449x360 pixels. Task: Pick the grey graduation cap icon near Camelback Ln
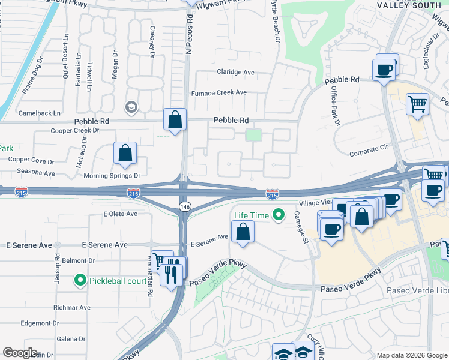[130, 107]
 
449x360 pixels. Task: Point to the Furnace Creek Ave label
[218, 92]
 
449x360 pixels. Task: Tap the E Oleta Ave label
[121, 214]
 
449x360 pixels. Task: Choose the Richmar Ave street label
[72, 307]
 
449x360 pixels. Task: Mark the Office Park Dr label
[335, 106]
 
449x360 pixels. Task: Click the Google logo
[20, 353]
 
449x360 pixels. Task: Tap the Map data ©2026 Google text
[411, 355]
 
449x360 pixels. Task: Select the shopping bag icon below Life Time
[243, 232]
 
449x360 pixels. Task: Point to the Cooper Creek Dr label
[74, 130]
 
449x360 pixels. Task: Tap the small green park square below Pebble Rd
[254, 136]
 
